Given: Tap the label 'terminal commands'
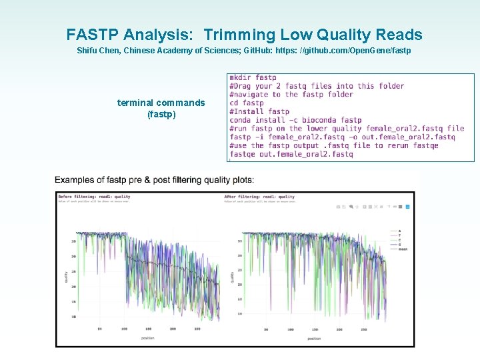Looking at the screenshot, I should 161,103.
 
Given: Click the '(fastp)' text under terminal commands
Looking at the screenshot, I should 161,114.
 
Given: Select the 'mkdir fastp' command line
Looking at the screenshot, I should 253,77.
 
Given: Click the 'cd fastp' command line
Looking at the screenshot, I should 247,103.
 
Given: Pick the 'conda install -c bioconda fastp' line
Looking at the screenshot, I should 295,120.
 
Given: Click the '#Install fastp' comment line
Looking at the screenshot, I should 259,111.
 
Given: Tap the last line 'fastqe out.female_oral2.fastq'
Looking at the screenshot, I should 291,155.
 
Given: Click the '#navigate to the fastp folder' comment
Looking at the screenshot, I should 291,94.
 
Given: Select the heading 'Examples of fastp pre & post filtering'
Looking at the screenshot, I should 154,180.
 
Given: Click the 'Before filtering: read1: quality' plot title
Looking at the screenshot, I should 94,197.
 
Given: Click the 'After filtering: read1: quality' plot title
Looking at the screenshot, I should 259,197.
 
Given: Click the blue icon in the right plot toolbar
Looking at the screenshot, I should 407,207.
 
